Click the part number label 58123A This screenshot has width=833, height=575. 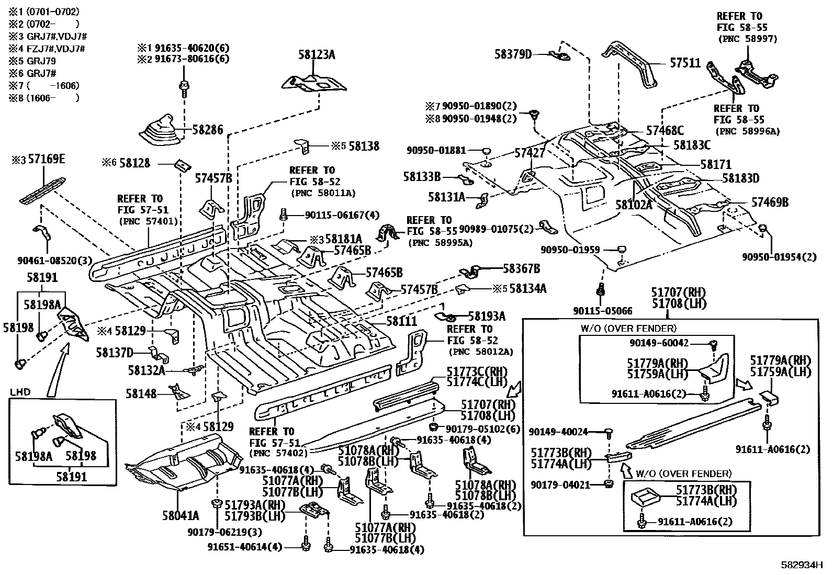click(317, 54)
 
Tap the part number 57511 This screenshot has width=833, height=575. click(685, 63)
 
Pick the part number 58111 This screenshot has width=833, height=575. click(401, 321)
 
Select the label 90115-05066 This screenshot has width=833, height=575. click(602, 311)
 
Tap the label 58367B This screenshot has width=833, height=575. click(521, 269)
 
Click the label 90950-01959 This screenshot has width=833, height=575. click(570, 250)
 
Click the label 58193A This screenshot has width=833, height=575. click(487, 316)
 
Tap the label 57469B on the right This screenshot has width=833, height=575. click(770, 202)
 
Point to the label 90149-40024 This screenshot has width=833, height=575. click(558, 432)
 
